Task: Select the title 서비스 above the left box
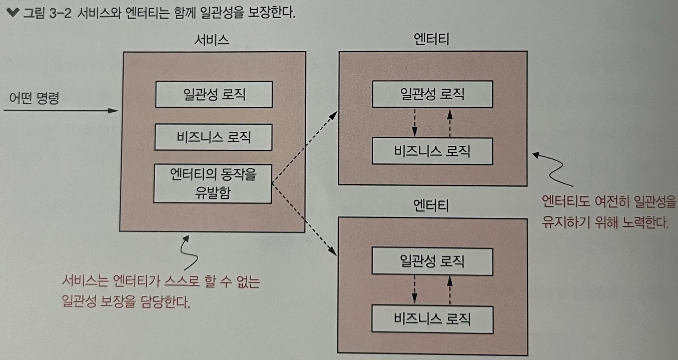point(212,40)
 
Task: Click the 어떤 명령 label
point(34,98)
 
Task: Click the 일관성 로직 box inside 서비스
point(214,94)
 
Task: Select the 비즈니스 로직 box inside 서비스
point(214,137)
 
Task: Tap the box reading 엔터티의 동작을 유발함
point(213,184)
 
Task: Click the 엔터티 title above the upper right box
point(431,39)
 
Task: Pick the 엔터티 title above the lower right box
point(431,206)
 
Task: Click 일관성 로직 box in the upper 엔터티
point(432,94)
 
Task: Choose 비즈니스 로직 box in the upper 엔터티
point(432,151)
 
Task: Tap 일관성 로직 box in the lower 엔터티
point(432,261)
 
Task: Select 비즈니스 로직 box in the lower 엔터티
point(432,319)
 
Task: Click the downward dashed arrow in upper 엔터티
point(414,123)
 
